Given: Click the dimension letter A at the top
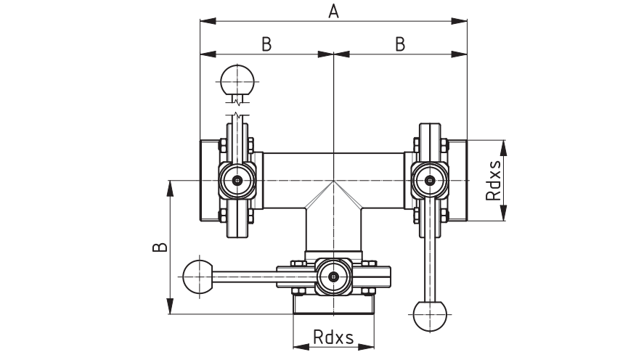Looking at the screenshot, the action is pos(333,12).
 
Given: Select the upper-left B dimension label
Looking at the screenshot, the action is pos(266,44).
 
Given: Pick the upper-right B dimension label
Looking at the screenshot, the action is pos(400,44).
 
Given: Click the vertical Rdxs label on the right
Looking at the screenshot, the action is pos(494,181).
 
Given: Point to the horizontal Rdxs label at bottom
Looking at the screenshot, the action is pos(333,337).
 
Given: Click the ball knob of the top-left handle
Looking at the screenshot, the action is pos(237,81).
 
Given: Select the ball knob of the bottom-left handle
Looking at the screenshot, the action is pos(198,277).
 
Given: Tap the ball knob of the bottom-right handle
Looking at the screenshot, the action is pos(430,315).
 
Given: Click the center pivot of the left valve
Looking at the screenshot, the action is pos(237,181).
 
